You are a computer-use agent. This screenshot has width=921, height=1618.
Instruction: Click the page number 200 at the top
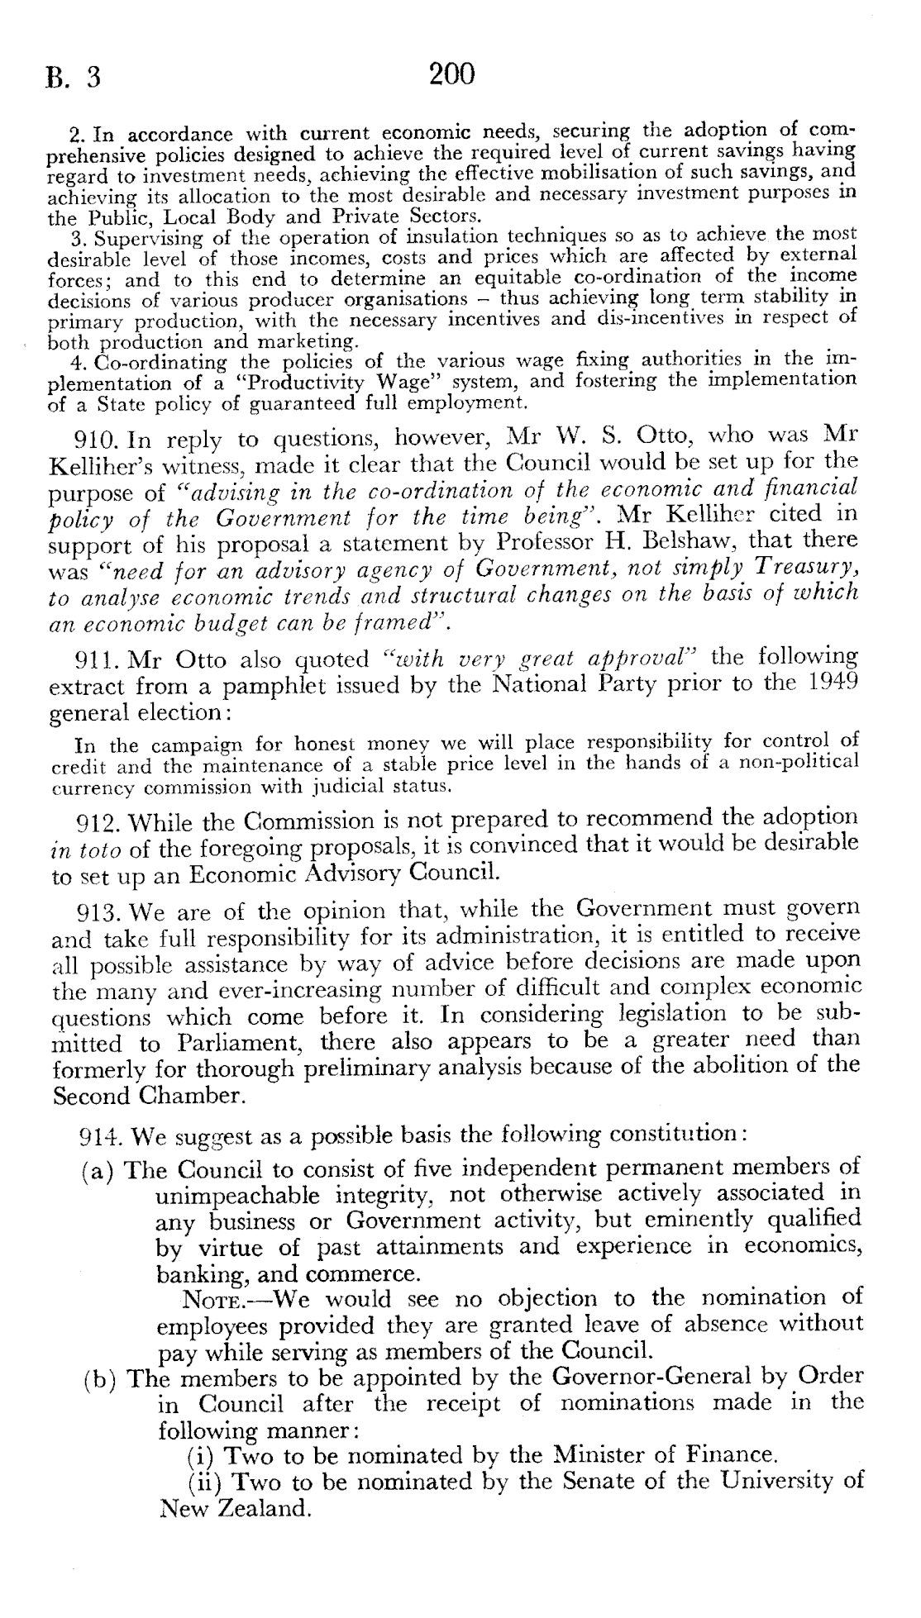pyautogui.click(x=452, y=75)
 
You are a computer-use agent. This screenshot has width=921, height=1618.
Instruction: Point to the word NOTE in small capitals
pyautogui.click(x=212, y=1300)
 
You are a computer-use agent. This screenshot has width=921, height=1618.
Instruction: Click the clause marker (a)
pyautogui.click(x=101, y=1171)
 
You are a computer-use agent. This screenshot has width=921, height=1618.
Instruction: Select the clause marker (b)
pyautogui.click(x=101, y=1379)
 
